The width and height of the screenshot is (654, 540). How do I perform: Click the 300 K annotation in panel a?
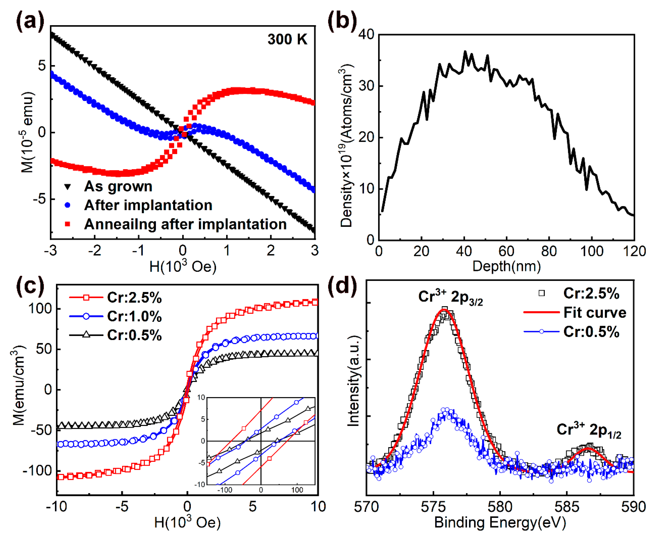click(x=287, y=39)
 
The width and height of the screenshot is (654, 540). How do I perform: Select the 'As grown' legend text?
click(x=118, y=186)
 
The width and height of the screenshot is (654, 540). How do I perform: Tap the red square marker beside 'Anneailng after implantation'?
click(x=67, y=224)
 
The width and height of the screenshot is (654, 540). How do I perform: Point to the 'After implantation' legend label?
click(x=148, y=205)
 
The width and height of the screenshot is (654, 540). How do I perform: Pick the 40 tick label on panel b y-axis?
click(x=366, y=34)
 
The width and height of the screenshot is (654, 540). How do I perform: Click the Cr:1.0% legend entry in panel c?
click(x=134, y=316)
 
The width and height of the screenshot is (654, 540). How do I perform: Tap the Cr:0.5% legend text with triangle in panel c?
click(x=134, y=335)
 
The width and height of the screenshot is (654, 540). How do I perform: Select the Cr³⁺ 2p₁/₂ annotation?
click(x=589, y=430)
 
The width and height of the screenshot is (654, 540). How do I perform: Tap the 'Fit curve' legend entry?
click(x=595, y=313)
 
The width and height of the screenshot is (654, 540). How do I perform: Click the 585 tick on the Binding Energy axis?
click(x=567, y=507)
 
